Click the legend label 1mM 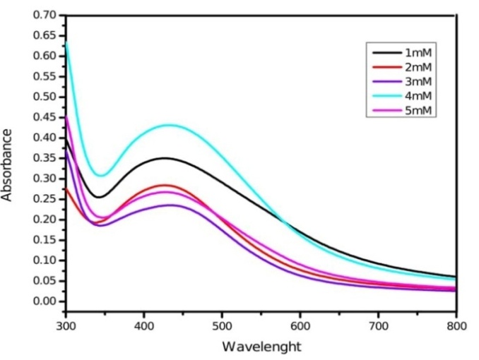click(x=415, y=53)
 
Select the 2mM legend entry click(x=415, y=67)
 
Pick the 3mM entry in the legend click(x=415, y=81)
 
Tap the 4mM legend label click(x=415, y=95)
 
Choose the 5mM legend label click(x=415, y=109)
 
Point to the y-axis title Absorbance click(x=8, y=164)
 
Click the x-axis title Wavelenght click(x=261, y=347)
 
